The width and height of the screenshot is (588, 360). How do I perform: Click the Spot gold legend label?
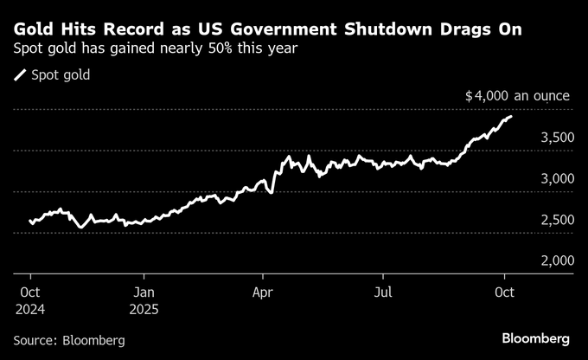(x=61, y=75)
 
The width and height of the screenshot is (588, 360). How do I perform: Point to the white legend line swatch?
(x=21, y=75)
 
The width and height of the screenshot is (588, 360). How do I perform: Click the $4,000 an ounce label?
(x=516, y=95)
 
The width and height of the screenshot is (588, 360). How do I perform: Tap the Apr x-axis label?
(x=262, y=291)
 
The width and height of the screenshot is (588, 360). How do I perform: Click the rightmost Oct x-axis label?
(x=505, y=291)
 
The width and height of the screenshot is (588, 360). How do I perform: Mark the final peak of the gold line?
(x=511, y=116)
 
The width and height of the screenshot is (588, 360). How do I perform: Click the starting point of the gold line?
(x=29, y=221)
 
